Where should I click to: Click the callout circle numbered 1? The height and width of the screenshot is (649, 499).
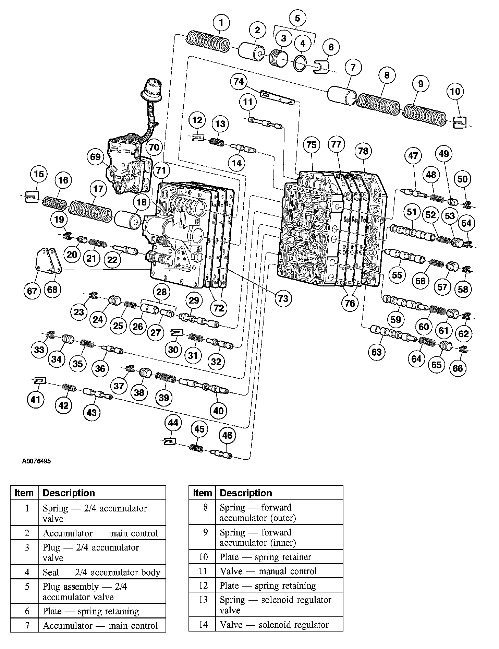[x=221, y=23]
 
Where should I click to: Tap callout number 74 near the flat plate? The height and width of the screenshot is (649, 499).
[x=239, y=82]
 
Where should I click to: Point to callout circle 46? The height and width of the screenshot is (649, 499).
[x=227, y=436]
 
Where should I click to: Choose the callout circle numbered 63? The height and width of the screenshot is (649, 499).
[x=376, y=352]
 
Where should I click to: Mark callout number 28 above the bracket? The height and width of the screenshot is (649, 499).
[x=161, y=292]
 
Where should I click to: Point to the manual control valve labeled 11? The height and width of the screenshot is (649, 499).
[x=266, y=123]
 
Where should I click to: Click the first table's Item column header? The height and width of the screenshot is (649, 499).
[x=24, y=493]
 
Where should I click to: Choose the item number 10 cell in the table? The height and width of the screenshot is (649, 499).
[x=203, y=557]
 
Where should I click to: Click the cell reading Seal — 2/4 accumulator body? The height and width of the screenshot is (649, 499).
[x=101, y=572]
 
